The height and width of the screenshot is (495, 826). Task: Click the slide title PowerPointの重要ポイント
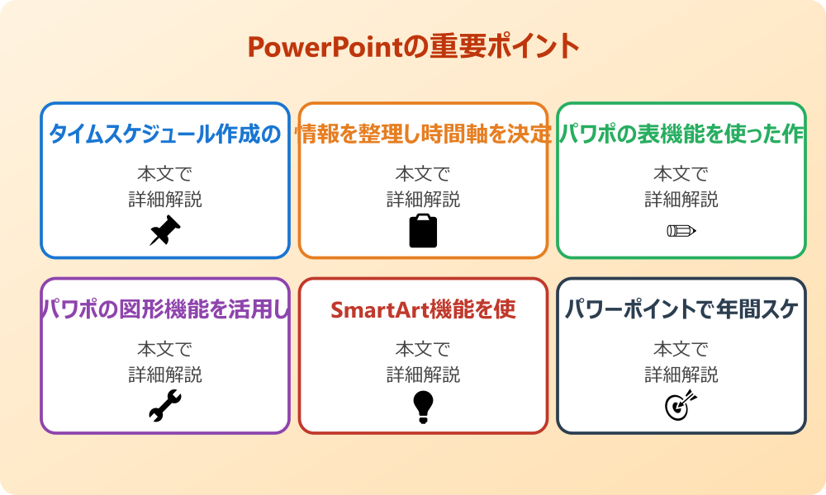pyautogui.click(x=413, y=47)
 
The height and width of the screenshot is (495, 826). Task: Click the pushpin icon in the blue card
pyautogui.click(x=165, y=231)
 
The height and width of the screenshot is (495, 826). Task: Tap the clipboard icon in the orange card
pyautogui.click(x=423, y=231)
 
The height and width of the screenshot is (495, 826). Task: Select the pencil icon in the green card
pyautogui.click(x=681, y=230)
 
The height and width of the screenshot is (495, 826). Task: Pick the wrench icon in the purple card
pyautogui.click(x=165, y=406)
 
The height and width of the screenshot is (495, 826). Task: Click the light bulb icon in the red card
pyautogui.click(x=423, y=406)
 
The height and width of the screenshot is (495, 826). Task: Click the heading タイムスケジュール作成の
pyautogui.click(x=165, y=134)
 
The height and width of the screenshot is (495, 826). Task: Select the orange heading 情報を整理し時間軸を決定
pyautogui.click(x=423, y=134)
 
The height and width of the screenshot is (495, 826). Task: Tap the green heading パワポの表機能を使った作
pyautogui.click(x=681, y=134)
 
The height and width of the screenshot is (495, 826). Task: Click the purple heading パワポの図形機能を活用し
pyautogui.click(x=165, y=309)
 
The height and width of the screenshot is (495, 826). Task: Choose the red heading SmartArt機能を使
pyautogui.click(x=423, y=309)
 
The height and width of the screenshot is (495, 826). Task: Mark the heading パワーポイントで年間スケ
pyautogui.click(x=681, y=309)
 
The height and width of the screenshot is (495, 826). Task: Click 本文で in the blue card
pyautogui.click(x=165, y=174)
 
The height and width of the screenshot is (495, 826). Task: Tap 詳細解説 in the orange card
pyautogui.click(x=423, y=200)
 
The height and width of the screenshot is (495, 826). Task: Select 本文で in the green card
pyautogui.click(x=681, y=174)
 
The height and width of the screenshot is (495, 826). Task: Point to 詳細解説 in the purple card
pyautogui.click(x=165, y=375)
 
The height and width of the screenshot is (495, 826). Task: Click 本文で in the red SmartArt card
pyautogui.click(x=423, y=349)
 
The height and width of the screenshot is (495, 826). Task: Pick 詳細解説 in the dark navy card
pyautogui.click(x=681, y=375)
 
